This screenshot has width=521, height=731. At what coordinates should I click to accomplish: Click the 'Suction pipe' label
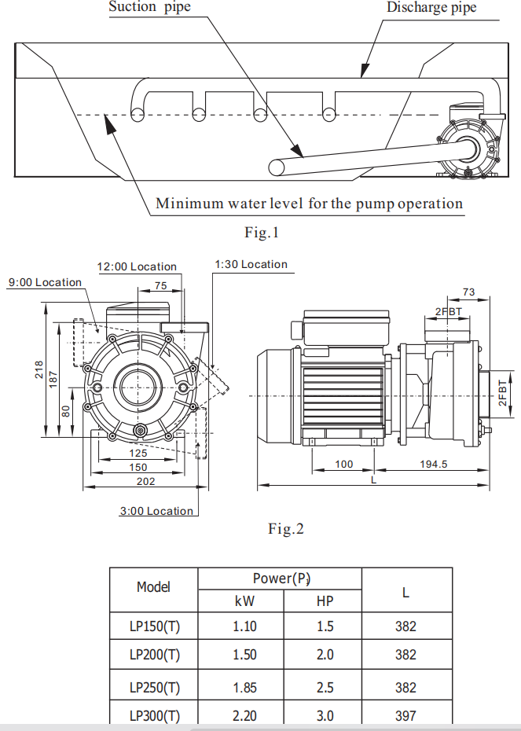coord(149,8)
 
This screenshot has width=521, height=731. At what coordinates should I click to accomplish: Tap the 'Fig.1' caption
coord(262,233)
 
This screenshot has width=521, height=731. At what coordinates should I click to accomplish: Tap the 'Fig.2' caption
coord(285,529)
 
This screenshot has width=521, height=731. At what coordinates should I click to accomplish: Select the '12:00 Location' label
coord(137,266)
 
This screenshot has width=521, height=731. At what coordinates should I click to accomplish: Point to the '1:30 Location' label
coord(251,264)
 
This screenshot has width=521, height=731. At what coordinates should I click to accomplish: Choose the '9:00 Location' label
coord(45,282)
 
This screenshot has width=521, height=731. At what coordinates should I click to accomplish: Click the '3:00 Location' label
coord(156,511)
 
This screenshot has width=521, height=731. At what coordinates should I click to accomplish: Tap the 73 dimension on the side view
coord(468,292)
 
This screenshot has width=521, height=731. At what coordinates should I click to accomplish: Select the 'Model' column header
coord(153,586)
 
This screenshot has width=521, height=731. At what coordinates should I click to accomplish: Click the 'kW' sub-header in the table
coord(245,602)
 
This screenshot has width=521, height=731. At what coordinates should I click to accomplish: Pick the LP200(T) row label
coord(155,655)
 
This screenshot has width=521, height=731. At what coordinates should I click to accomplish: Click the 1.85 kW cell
coord(245,688)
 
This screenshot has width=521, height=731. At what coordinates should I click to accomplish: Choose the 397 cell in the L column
coord(405,715)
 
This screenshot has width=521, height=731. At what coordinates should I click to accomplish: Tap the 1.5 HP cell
coord(325,626)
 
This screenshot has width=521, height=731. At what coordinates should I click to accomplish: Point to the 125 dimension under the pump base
coord(138,454)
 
